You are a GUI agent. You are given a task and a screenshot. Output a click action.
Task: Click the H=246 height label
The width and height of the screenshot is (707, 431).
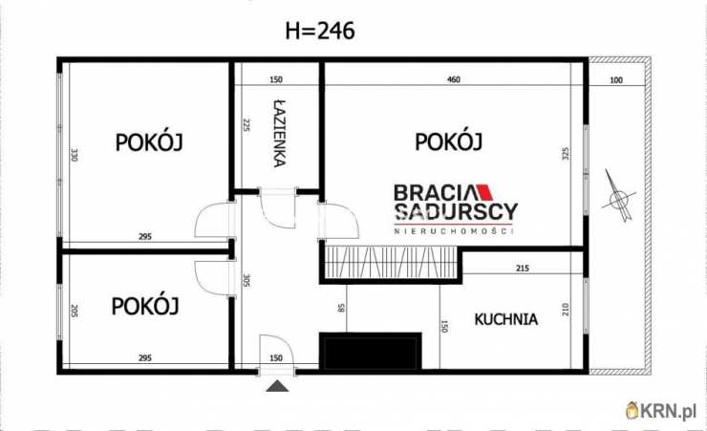(x=320, y=31)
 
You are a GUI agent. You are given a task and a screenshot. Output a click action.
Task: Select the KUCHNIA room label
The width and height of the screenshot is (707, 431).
(x=506, y=319)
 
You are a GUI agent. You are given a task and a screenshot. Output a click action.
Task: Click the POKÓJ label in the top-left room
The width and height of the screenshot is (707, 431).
(x=149, y=142)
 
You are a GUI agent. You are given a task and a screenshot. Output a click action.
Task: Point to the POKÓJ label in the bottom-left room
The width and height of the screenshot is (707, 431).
(x=145, y=307)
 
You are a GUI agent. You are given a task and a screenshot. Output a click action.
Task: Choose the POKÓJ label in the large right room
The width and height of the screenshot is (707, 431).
(x=448, y=142)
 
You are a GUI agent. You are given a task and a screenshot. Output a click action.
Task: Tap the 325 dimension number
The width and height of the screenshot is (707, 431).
(x=566, y=155)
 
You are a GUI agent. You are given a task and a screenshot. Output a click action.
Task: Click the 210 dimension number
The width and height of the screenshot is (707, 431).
(x=566, y=310)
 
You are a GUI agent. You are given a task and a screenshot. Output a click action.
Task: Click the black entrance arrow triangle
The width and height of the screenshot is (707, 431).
(x=277, y=385)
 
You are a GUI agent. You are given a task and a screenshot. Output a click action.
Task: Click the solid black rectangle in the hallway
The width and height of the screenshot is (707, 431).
(x=371, y=351)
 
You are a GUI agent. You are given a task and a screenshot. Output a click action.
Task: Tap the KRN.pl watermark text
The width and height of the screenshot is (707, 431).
(x=669, y=411)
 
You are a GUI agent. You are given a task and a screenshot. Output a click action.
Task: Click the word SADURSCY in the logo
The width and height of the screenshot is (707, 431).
(x=456, y=212)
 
